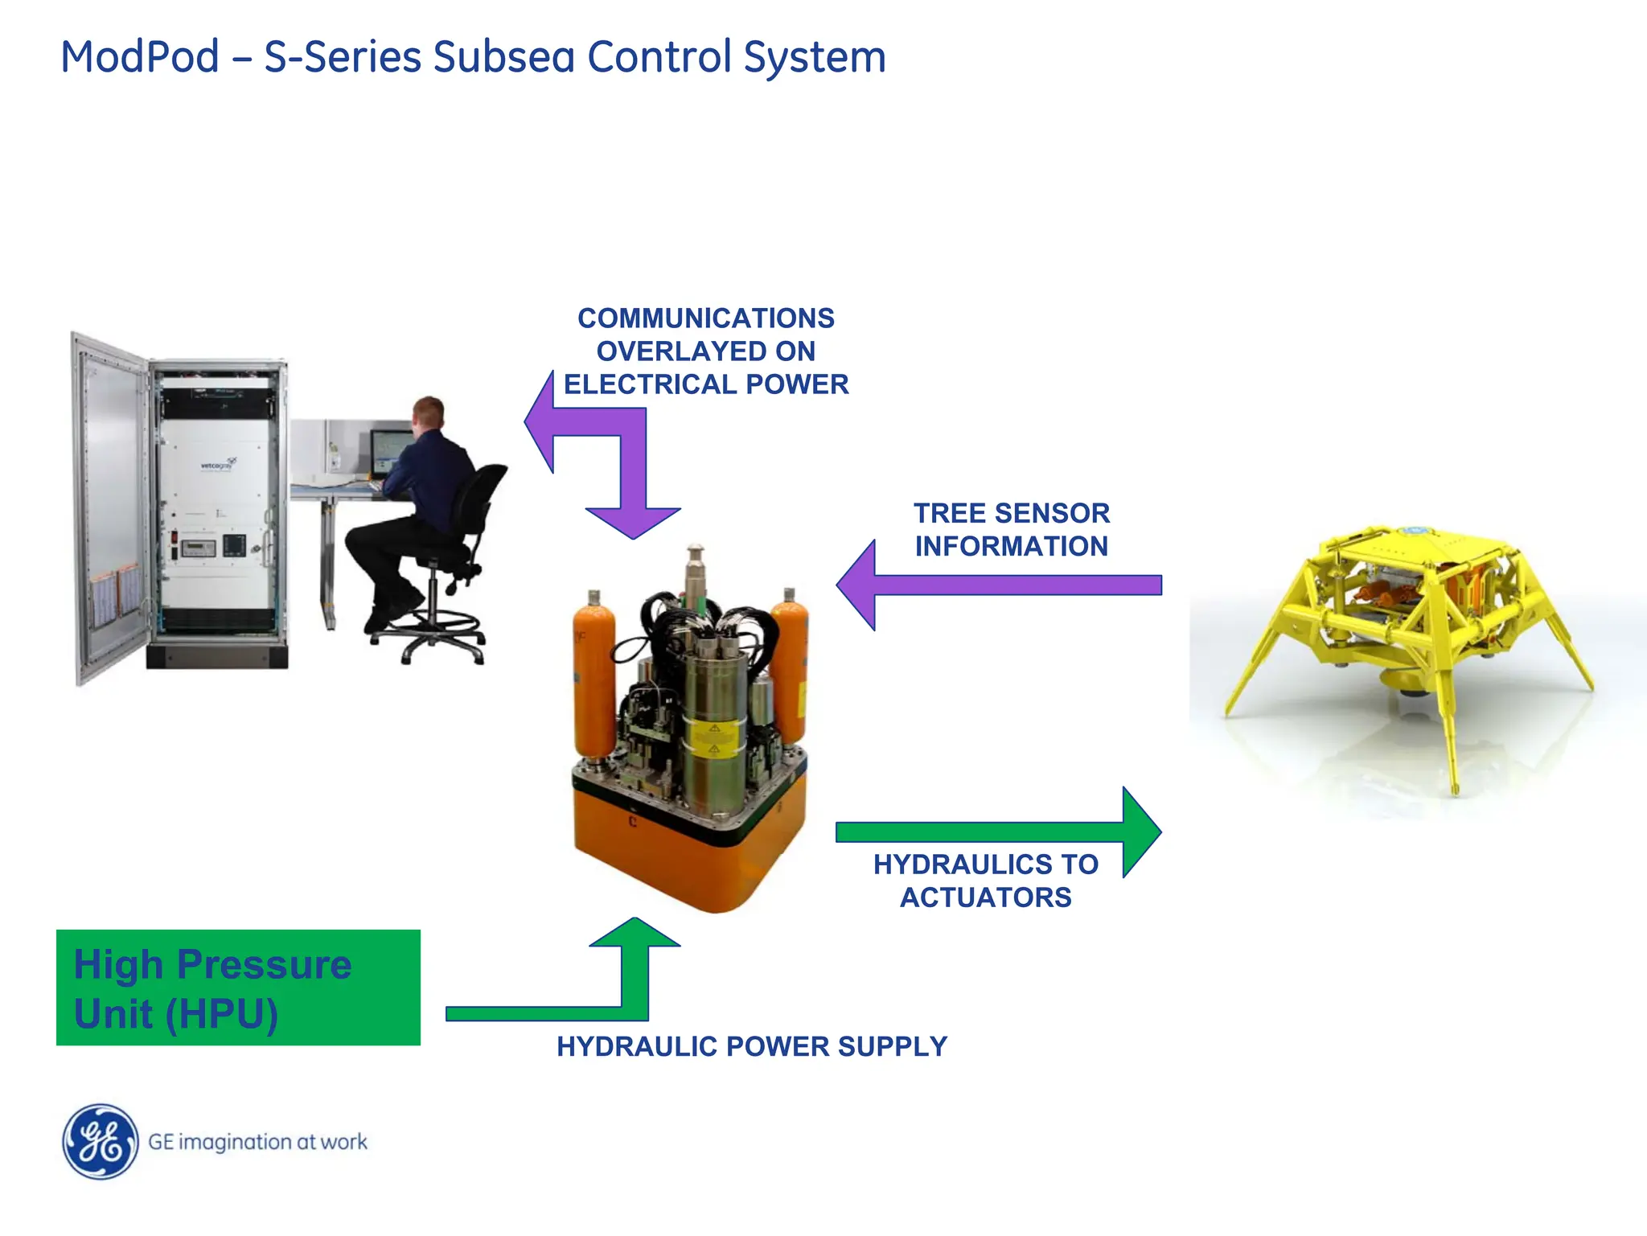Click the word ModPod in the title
tap(140, 58)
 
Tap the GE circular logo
tap(100, 1141)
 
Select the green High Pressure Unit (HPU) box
tap(238, 988)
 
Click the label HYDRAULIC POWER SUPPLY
tap(752, 1046)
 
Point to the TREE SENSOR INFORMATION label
tap(1012, 529)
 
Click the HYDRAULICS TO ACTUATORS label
tap(986, 881)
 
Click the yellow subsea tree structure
tap(1407, 627)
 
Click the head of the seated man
tap(429, 414)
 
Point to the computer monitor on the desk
tap(389, 453)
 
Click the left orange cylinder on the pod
tap(593, 675)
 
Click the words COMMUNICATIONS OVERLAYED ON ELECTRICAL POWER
tap(706, 351)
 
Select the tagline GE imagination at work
tap(257, 1142)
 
